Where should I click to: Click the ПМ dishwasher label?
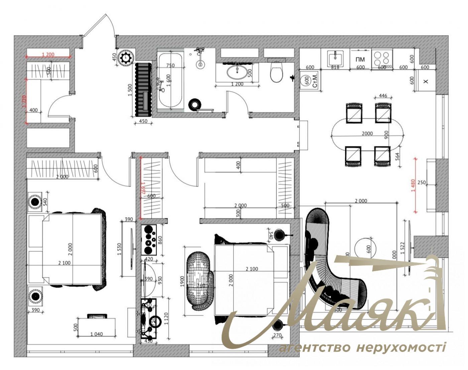point(360,59)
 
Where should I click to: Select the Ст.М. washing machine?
point(310,81)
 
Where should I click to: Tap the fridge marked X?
point(425,81)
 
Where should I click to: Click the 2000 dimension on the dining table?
point(367,134)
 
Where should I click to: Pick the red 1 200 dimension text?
point(48,54)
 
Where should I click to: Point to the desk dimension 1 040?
point(96,334)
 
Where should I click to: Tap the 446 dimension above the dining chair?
point(383,96)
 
